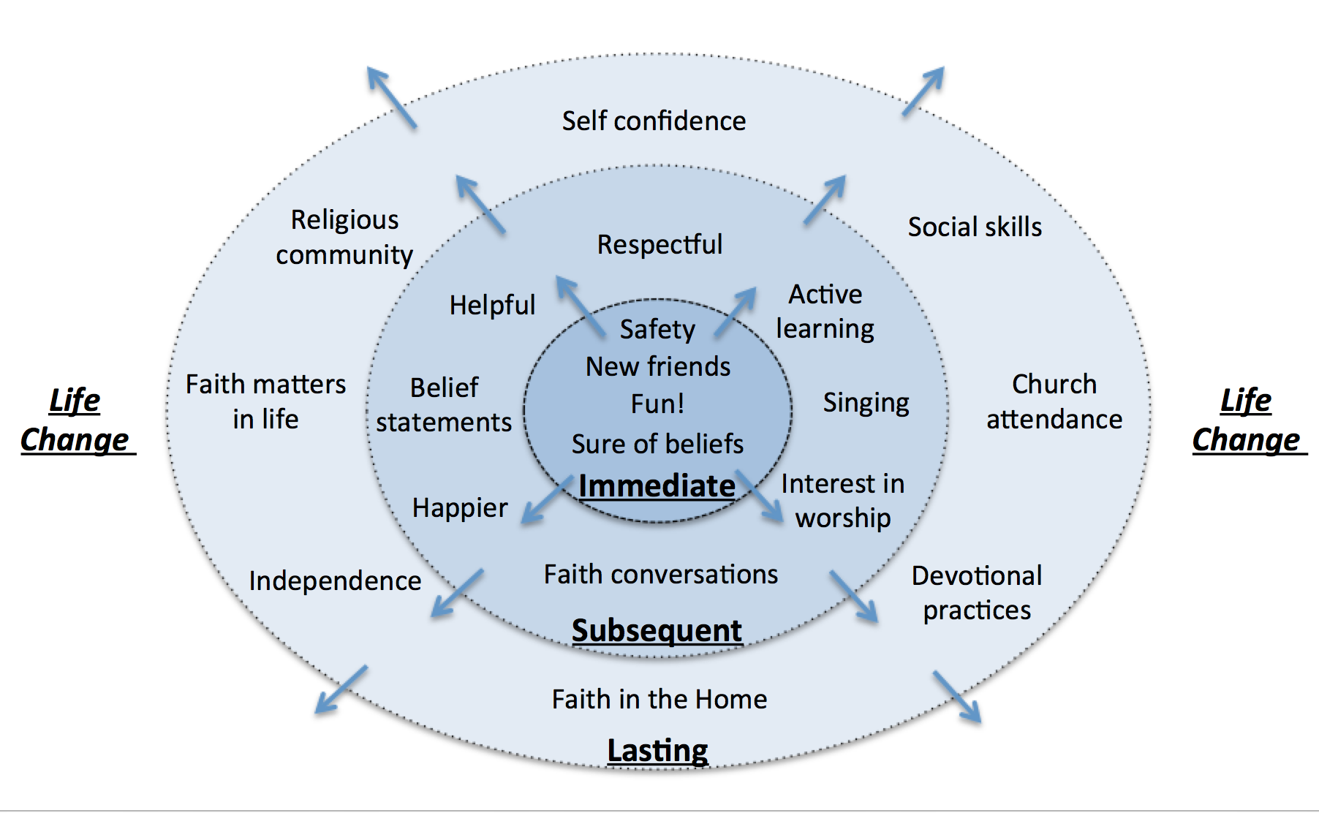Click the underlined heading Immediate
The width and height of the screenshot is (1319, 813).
click(657, 486)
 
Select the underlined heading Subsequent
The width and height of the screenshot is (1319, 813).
click(657, 630)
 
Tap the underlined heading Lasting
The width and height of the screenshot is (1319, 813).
click(657, 751)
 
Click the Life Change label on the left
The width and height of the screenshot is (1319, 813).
click(75, 420)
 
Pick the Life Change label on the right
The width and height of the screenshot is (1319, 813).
click(1247, 420)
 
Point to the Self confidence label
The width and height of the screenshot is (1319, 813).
click(654, 121)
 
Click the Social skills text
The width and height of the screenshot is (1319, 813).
click(975, 227)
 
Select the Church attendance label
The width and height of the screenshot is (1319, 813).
click(1054, 401)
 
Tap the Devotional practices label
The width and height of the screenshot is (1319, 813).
click(977, 593)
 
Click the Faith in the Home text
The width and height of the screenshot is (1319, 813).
click(659, 699)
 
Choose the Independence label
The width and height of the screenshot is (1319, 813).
click(335, 581)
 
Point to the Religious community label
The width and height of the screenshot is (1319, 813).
click(344, 237)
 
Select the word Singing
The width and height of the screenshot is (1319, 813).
click(866, 403)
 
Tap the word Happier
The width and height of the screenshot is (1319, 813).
click(460, 508)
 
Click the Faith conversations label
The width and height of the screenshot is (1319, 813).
click(661, 575)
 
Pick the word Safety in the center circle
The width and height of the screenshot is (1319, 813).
click(657, 330)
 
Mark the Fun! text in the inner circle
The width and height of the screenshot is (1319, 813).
click(657, 404)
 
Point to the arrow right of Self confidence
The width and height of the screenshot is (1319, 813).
click(923, 91)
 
